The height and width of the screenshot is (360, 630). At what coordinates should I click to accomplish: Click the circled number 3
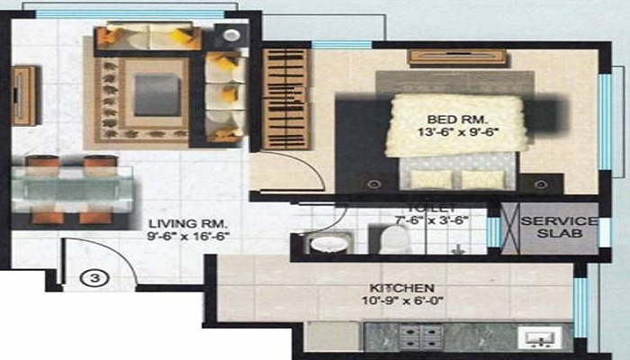click(98, 278)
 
